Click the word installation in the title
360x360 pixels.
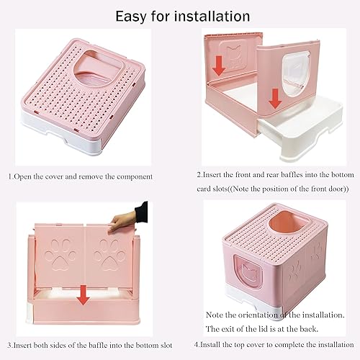coord(213,15)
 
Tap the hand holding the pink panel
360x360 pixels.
coord(134,215)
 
